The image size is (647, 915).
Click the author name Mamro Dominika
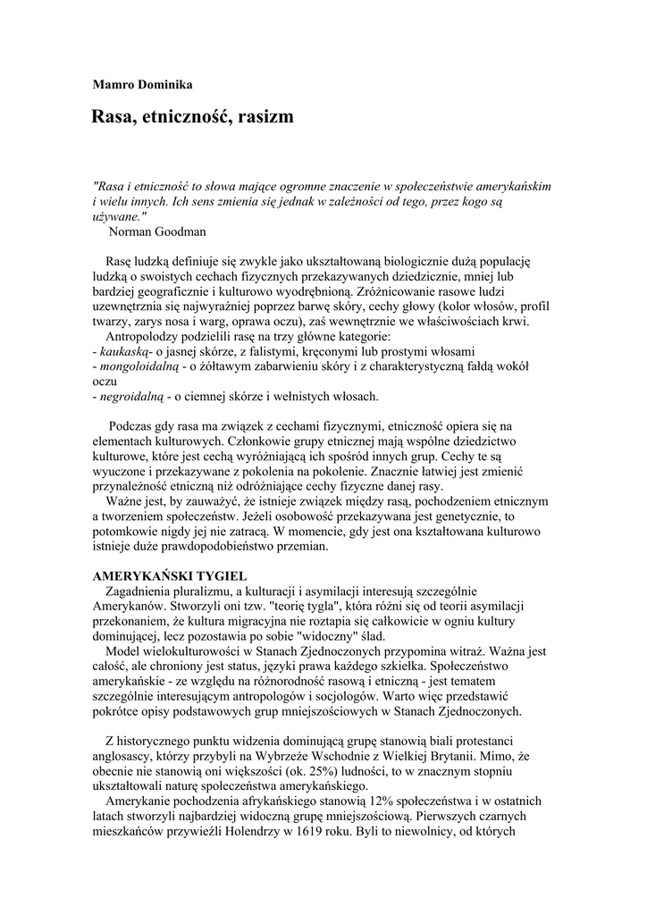[143, 85]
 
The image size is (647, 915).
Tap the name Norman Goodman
[157, 231]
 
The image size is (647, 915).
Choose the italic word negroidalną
[131, 395]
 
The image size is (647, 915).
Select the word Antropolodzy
[147, 337]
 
